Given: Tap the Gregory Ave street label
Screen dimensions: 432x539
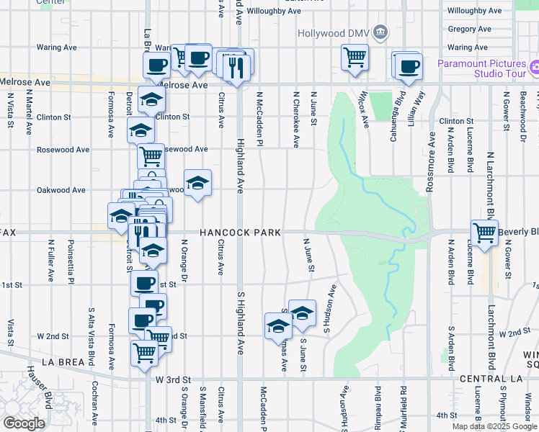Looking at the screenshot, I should (x=469, y=30).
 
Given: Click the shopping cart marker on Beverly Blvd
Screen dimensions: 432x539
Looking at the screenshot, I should (x=485, y=233).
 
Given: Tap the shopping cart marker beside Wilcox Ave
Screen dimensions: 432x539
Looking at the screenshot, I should (x=355, y=57).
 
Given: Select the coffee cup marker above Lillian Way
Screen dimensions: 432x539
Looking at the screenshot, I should (x=409, y=66).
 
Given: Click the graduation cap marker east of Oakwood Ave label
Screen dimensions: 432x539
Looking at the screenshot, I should (x=197, y=183).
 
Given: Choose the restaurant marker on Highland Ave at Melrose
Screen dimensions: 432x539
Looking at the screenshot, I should (x=237, y=66).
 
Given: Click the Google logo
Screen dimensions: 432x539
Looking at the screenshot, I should (x=24, y=423).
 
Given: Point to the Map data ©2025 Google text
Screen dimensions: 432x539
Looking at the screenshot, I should (x=494, y=426).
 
